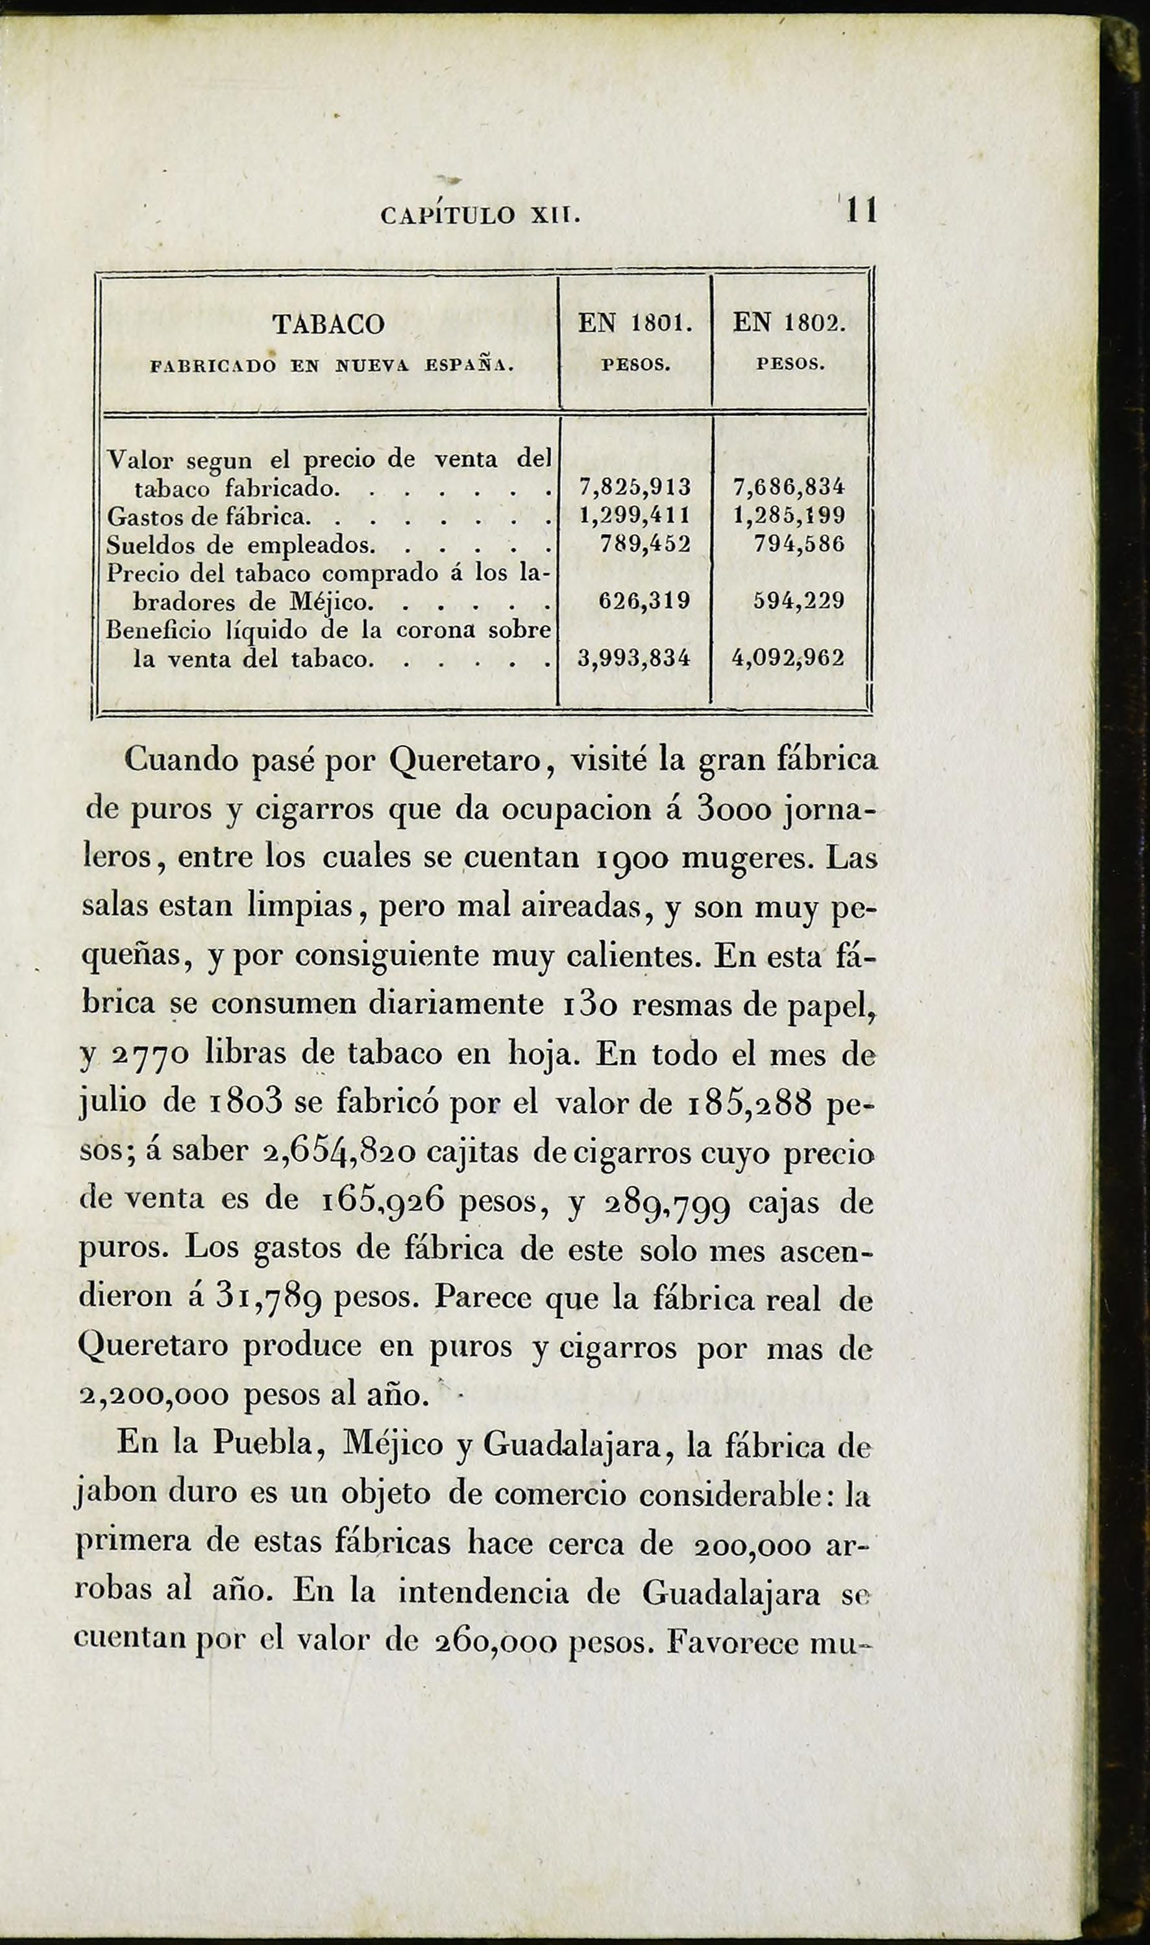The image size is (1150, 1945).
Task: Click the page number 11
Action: (861, 211)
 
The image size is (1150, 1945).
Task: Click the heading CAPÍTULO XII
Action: (480, 214)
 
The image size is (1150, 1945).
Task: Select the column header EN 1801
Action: (635, 324)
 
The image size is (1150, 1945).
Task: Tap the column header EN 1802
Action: (789, 324)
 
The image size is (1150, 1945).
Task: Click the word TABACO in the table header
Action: (328, 324)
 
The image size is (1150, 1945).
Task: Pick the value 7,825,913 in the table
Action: (635, 487)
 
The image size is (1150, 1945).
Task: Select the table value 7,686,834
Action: (788, 487)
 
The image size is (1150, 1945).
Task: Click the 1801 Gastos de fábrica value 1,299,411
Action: (635, 515)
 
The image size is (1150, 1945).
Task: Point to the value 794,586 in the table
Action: (799, 544)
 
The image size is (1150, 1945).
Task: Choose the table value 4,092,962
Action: (788, 659)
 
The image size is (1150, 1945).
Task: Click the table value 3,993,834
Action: (635, 659)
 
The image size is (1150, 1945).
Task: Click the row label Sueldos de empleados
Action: (240, 544)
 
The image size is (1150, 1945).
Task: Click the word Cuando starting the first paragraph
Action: (183, 760)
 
